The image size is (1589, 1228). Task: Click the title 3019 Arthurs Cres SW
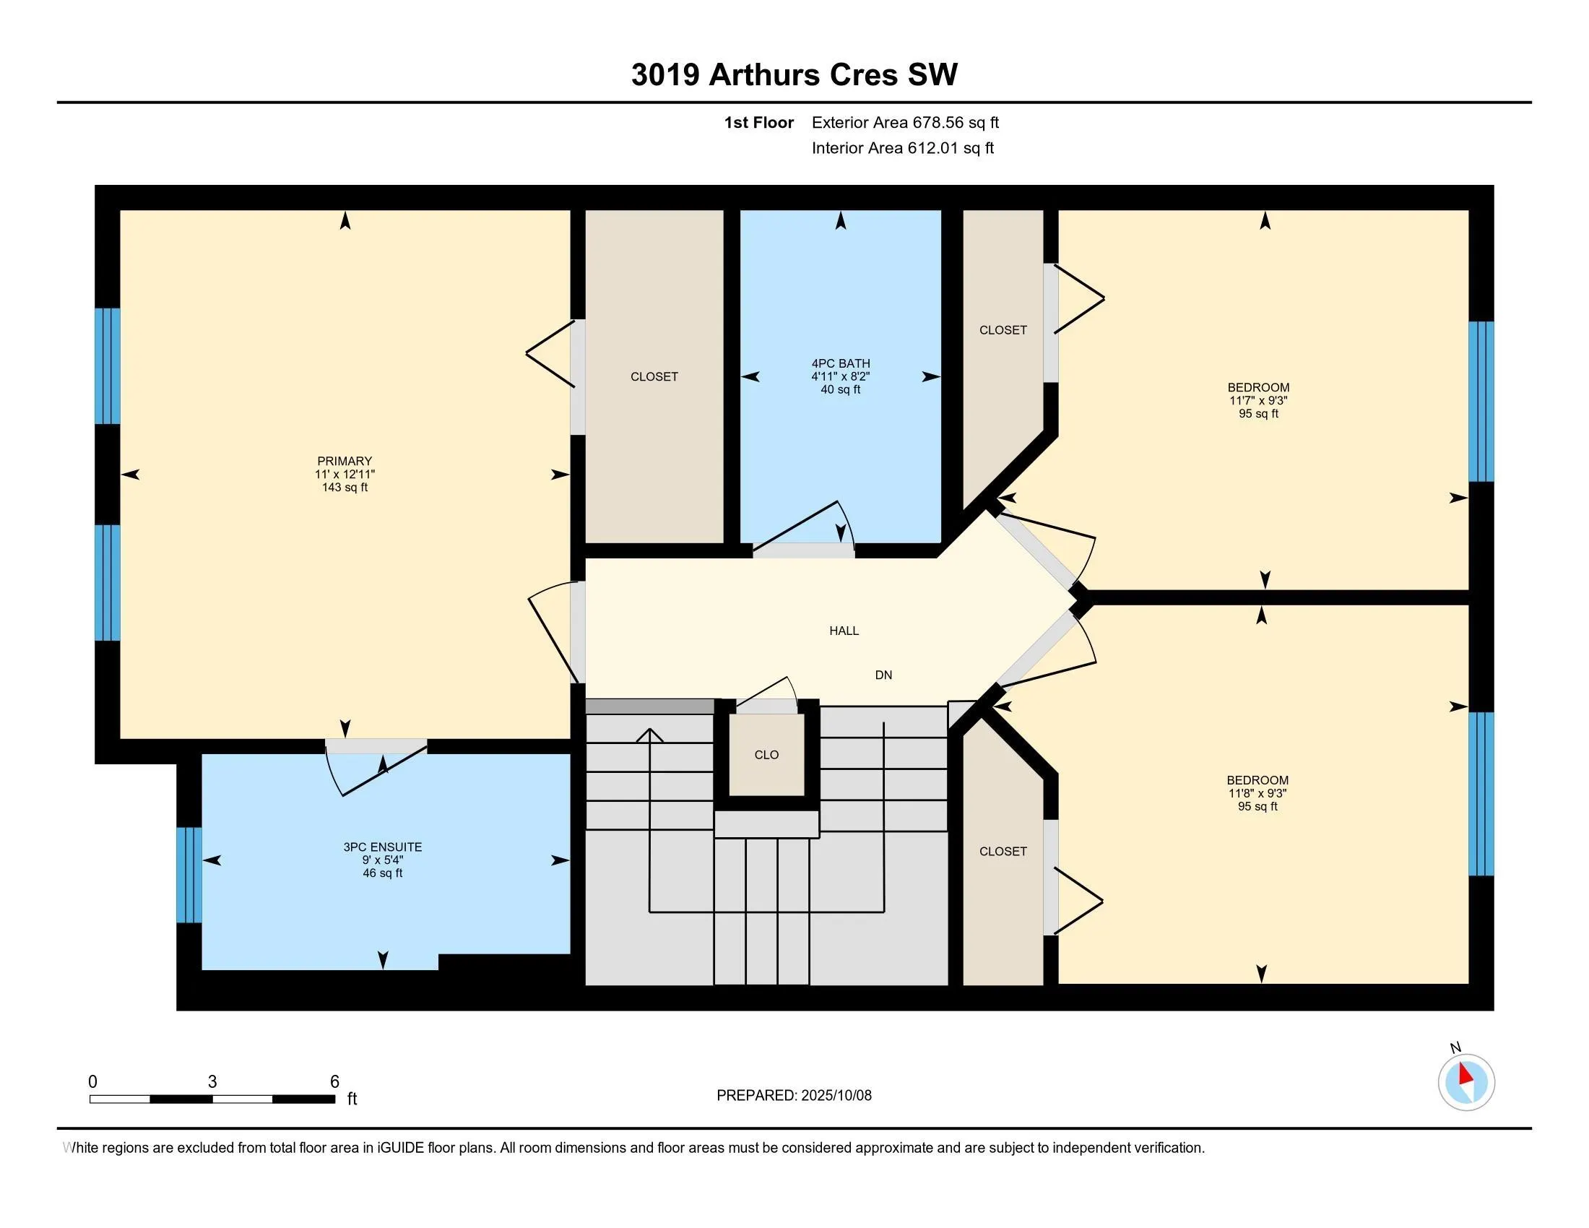click(x=794, y=75)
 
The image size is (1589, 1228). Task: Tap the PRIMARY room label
click(x=344, y=462)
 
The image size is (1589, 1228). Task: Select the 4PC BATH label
click(x=840, y=364)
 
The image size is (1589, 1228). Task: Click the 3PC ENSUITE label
click(x=383, y=847)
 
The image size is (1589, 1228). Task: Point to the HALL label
click(x=844, y=631)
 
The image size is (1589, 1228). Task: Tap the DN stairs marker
click(x=883, y=675)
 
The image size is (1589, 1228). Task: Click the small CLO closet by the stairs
click(x=767, y=755)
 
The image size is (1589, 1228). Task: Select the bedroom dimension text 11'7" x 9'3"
click(x=1259, y=401)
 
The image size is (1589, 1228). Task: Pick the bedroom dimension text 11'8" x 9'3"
click(x=1258, y=794)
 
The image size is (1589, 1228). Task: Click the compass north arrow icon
click(x=1466, y=1082)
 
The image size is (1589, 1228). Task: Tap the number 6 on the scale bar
click(x=334, y=1082)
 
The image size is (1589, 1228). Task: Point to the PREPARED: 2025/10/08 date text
click(x=794, y=1096)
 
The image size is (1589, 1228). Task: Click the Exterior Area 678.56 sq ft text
click(x=905, y=123)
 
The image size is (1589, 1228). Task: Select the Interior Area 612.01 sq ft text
click(x=902, y=148)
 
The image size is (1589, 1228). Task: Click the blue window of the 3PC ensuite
click(x=189, y=875)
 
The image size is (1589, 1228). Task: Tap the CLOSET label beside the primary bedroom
click(x=654, y=377)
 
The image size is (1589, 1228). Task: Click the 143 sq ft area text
click(x=345, y=488)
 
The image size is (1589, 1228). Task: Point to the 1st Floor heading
click(x=759, y=123)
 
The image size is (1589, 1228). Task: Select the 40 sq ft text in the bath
click(x=840, y=390)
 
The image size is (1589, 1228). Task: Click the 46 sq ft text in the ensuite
click(x=383, y=873)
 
